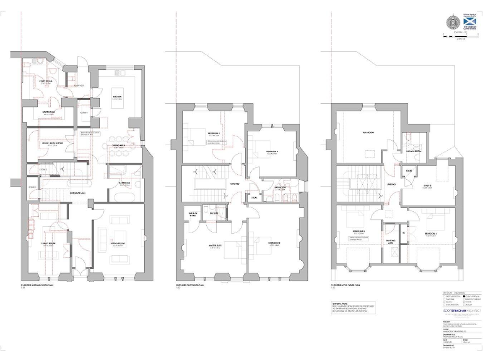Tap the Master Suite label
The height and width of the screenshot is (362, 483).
pos(214,246)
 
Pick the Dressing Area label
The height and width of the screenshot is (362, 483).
pos(391,241)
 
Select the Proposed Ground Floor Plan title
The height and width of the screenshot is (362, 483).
pos(38,285)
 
